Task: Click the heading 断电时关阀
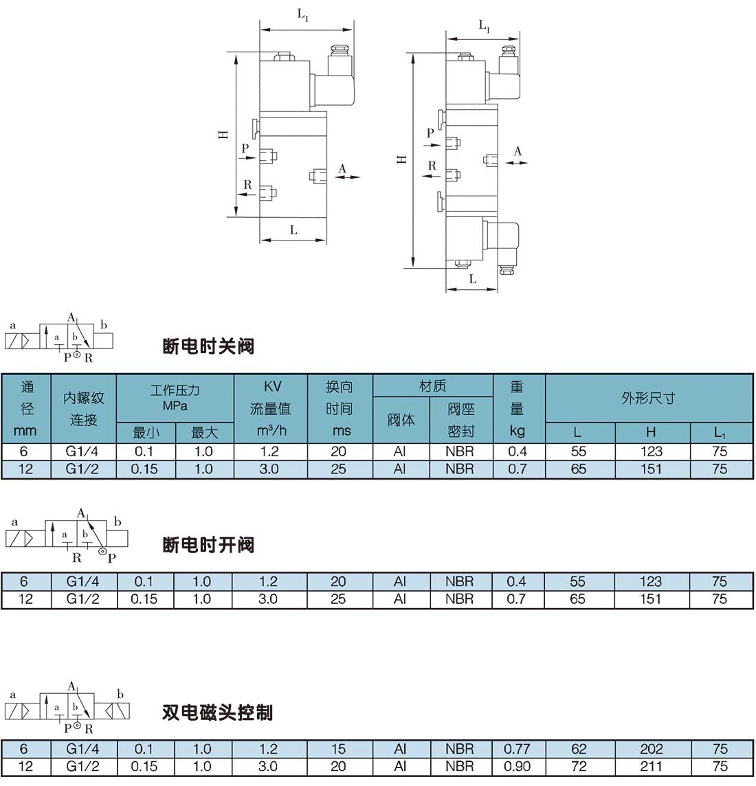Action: (208, 346)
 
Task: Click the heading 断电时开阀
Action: (208, 546)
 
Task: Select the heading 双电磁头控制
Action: (217, 712)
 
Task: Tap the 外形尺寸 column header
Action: (648, 398)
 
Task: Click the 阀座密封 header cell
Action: (460, 420)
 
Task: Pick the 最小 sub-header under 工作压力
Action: (146, 432)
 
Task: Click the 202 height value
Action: (651, 749)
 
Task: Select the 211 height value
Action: (651, 766)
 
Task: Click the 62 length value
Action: (578, 749)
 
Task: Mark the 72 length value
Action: (578, 766)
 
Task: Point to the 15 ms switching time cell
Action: (338, 749)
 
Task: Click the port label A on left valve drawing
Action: (342, 168)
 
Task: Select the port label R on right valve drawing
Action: (432, 166)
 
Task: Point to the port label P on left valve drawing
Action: (245, 148)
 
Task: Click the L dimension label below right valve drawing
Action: (473, 280)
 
